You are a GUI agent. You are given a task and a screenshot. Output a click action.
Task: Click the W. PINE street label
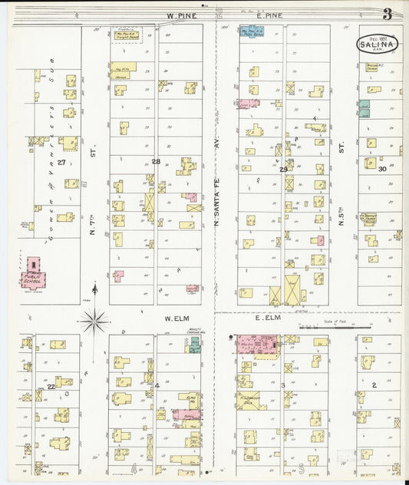181,15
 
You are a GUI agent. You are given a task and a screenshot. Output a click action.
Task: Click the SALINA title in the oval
376,45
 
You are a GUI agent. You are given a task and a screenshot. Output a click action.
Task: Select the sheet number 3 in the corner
388,13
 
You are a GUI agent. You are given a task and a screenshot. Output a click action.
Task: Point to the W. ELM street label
176,317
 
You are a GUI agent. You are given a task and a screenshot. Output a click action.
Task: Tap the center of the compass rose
94,321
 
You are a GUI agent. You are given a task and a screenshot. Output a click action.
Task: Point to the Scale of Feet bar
334,327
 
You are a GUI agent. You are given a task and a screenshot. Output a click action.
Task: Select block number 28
156,161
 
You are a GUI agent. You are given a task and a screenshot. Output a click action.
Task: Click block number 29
283,169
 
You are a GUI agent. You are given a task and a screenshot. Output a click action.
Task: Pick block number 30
382,167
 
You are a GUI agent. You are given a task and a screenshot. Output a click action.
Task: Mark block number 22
51,386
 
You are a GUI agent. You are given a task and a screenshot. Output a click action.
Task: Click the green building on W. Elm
195,345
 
